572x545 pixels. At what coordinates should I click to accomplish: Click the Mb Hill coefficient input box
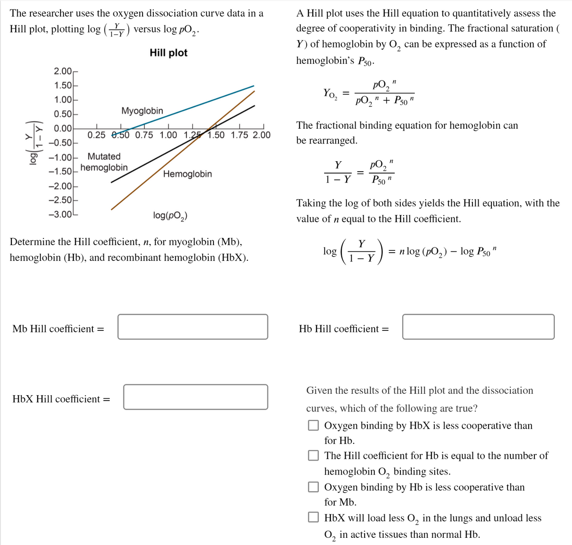(x=193, y=327)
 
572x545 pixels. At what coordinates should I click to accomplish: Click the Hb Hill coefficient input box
(x=478, y=327)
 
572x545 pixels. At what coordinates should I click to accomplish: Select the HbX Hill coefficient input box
(x=195, y=397)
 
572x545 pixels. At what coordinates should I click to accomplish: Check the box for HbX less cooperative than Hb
(x=313, y=425)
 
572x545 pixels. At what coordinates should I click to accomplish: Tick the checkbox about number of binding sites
(x=313, y=456)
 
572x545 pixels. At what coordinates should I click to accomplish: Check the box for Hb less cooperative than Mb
(x=313, y=487)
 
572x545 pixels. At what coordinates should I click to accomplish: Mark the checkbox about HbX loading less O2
(x=313, y=518)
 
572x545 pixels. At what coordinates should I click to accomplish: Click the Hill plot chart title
(x=168, y=53)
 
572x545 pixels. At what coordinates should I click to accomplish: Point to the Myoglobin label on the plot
(x=142, y=111)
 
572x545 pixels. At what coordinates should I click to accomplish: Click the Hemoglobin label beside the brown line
(x=187, y=174)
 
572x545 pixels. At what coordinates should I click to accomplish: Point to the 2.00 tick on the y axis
(x=62, y=72)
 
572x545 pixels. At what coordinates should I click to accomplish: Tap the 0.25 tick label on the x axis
(x=97, y=135)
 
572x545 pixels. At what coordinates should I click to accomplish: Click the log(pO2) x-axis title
(x=170, y=216)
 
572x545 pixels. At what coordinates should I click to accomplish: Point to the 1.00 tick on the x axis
(x=168, y=135)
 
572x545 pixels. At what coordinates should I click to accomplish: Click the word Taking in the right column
(x=311, y=203)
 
